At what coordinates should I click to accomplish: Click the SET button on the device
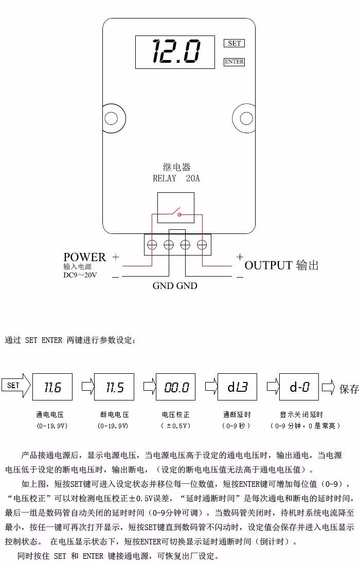(234, 43)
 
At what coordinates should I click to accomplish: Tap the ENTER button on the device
(234, 62)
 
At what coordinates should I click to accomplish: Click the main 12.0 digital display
(175, 52)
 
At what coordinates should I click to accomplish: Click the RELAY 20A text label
(176, 179)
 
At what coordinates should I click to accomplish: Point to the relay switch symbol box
(175, 208)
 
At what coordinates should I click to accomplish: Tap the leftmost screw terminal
(152, 245)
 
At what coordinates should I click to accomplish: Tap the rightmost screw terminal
(202, 245)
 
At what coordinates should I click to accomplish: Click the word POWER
(84, 257)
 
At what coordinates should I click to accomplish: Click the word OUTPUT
(268, 265)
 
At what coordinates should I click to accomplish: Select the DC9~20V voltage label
(80, 275)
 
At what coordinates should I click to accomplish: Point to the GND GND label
(175, 286)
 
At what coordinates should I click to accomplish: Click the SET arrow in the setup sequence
(15, 386)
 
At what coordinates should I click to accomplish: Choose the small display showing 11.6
(52, 387)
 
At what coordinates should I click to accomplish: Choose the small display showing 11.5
(114, 387)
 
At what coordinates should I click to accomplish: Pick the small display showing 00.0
(176, 387)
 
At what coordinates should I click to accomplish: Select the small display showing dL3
(237, 387)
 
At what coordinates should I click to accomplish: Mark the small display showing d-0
(299, 387)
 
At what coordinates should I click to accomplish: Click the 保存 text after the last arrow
(349, 389)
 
